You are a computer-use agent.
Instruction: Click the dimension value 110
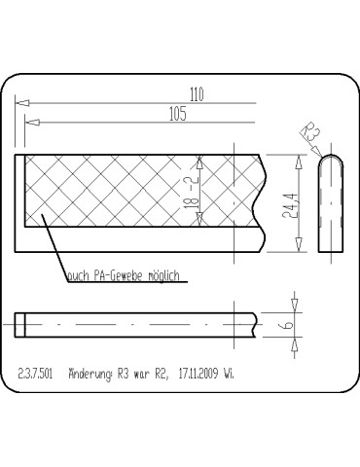coord(197,94)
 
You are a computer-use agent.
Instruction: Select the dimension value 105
coord(178,114)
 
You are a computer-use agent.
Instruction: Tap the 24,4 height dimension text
coord(289,206)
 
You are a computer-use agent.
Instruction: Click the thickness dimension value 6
coord(289,324)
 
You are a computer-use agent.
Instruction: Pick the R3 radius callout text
coord(309,131)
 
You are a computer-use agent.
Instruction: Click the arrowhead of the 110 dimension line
coord(22,103)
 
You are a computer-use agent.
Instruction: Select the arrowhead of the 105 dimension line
coord(32,123)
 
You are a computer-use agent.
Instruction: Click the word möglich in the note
coord(164,275)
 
